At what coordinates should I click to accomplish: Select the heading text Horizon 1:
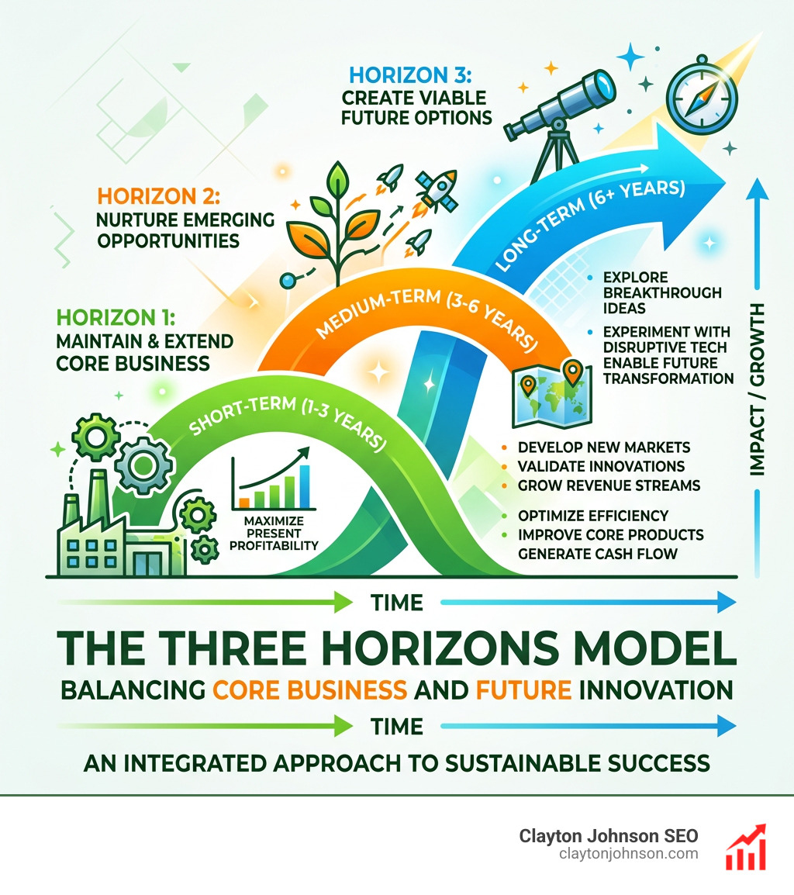tap(116, 317)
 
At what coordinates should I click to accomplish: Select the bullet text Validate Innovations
tap(601, 466)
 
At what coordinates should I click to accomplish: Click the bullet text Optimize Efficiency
tap(592, 516)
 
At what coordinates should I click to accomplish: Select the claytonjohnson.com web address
tap(628, 854)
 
